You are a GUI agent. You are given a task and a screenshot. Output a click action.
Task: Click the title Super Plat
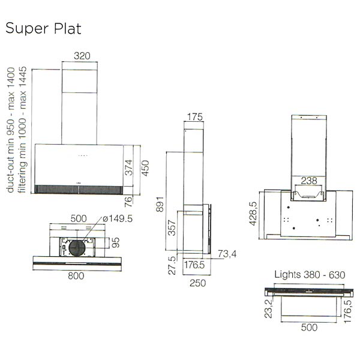click(x=43, y=29)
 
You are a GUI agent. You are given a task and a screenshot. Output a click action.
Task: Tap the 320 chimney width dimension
click(x=82, y=56)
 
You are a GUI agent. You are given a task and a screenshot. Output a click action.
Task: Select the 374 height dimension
click(x=129, y=167)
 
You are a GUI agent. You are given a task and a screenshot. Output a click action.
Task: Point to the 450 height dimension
click(x=145, y=168)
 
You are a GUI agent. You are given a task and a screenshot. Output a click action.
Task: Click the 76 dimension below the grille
click(x=128, y=202)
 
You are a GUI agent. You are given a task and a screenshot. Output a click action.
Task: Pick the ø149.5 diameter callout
click(x=118, y=218)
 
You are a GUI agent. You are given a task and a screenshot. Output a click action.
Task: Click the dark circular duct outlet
click(x=77, y=248)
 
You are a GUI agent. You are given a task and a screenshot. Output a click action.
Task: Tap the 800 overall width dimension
click(x=76, y=276)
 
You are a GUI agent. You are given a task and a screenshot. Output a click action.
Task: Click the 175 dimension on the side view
click(x=195, y=117)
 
